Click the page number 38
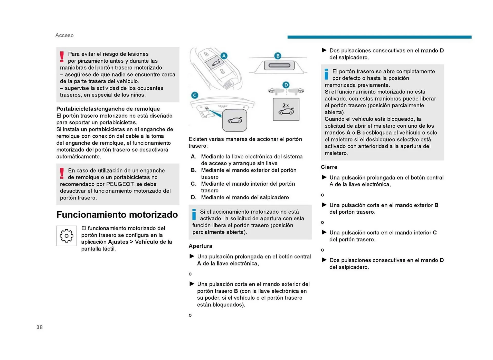(40, 327)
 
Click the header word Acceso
(64, 35)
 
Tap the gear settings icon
(67, 236)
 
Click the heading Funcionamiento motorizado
(117, 215)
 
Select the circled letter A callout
(224, 56)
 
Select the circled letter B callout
(278, 56)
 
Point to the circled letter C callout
(195, 95)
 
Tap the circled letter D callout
(286, 85)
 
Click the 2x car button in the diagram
(286, 109)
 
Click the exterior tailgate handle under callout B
(279, 65)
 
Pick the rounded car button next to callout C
(234, 120)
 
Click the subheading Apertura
(200, 246)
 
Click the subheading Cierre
(329, 167)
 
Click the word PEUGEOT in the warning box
(120, 184)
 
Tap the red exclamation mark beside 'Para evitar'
(62, 57)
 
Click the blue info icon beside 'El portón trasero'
(326, 74)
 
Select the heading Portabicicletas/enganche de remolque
(108, 109)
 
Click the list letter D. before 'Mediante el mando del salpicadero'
(194, 197)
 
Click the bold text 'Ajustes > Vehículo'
(133, 242)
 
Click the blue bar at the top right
(379, 37)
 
